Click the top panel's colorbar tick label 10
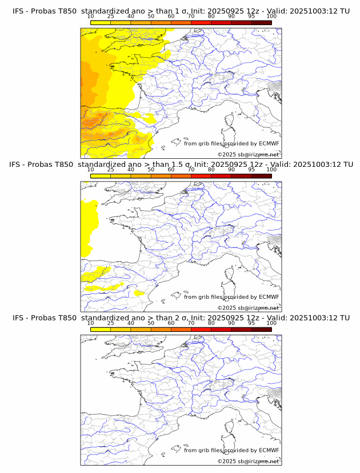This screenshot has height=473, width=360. tap(90, 16)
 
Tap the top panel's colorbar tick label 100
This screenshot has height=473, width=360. tap(271, 16)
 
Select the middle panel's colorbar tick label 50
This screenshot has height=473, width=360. tap(151, 170)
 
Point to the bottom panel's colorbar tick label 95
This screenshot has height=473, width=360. tap(251, 323)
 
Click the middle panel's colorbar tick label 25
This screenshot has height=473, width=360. tap(110, 170)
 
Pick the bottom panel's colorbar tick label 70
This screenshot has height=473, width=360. tap(191, 323)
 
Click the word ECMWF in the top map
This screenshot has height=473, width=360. tap(269, 143)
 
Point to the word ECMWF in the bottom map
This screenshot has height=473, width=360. tap(269, 450)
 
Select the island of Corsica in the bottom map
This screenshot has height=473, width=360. tap(231, 427)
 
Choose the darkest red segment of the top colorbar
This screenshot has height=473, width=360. tap(261, 22)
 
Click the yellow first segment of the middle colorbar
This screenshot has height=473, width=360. tap(100, 176)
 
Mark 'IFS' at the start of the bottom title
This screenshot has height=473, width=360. tap(18, 318)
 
